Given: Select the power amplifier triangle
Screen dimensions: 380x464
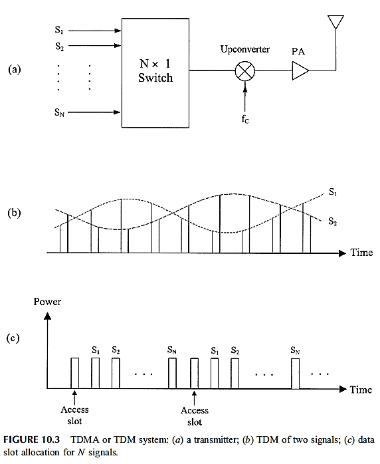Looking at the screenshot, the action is [x=300, y=70].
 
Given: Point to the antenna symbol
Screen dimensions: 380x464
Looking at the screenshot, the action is [x=335, y=22].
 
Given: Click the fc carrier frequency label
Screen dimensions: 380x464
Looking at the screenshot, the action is [x=245, y=119].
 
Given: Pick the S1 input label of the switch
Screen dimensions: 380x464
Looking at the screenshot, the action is [x=59, y=30].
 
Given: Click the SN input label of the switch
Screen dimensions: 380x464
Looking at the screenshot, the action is [x=59, y=112].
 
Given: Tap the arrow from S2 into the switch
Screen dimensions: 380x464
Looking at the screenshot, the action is [x=94, y=46].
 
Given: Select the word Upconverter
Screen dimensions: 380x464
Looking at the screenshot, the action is [x=245, y=49].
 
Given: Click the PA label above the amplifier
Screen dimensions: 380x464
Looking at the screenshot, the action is [x=298, y=51].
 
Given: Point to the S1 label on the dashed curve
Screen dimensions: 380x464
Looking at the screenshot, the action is [x=333, y=192].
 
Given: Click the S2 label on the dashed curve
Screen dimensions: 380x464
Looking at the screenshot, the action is [x=333, y=221].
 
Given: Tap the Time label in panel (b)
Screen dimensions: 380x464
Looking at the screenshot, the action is [x=361, y=253].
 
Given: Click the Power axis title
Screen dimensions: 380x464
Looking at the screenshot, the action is [x=47, y=302].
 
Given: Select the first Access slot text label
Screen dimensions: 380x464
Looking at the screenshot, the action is [x=74, y=415].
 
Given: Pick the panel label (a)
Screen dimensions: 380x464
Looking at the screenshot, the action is [x=15, y=70].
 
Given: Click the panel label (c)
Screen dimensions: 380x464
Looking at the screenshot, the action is [x=13, y=338].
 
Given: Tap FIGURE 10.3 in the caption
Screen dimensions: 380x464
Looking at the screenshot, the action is [x=32, y=439].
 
